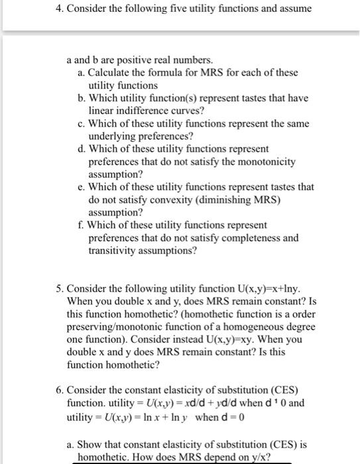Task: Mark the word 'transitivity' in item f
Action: coord(116,251)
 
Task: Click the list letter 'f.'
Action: coord(81,225)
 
